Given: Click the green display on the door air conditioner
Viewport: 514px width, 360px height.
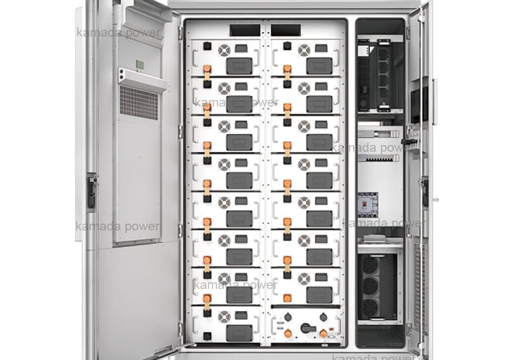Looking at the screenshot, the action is pos(141,65).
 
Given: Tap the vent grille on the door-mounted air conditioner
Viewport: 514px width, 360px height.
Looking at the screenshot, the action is pos(139,102).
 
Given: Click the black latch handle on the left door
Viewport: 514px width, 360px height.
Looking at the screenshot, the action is pos(91,189).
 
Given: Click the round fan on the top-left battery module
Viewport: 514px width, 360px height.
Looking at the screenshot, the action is pos(224,49).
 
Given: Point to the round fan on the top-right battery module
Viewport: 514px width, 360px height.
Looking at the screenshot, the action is pos(305,49).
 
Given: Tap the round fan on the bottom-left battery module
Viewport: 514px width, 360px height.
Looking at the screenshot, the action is pos(224,316).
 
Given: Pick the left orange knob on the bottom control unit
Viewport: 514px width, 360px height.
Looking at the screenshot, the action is pos(288,333).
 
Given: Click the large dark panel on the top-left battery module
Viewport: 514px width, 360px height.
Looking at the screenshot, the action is pos(239,65).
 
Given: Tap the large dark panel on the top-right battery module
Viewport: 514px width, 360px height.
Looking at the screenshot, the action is pos(319,65).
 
